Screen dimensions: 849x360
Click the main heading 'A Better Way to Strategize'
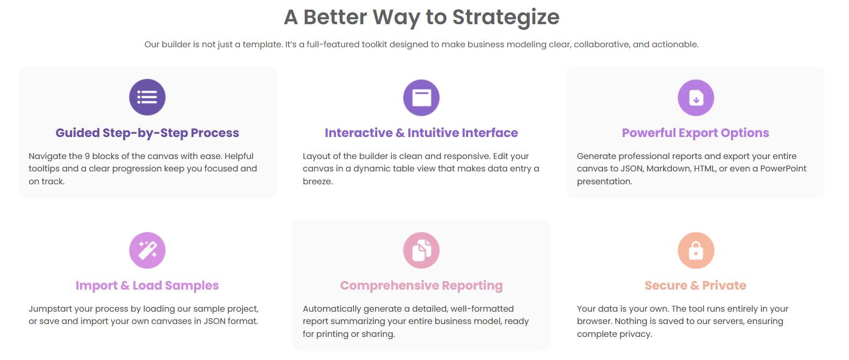point(421,17)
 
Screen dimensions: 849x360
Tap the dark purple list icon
point(147,97)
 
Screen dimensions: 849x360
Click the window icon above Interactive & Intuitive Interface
point(421,98)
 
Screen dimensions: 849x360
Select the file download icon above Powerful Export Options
point(696,98)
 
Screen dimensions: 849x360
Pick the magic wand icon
point(147,250)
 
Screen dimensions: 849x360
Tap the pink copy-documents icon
point(421,250)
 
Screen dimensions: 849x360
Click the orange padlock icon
point(696,250)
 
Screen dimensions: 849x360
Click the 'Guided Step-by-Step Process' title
point(147,133)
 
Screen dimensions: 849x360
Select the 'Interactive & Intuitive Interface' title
point(421,133)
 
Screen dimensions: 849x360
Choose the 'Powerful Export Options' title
point(695,133)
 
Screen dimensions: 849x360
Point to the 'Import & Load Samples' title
point(147,285)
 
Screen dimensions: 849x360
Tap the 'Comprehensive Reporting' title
point(421,285)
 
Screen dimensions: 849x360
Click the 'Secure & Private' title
point(695,285)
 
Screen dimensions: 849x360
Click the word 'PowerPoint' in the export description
point(783,169)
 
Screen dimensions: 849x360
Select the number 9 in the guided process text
point(87,156)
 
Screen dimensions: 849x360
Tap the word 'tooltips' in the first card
point(44,169)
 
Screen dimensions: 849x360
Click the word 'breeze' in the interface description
point(317,182)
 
